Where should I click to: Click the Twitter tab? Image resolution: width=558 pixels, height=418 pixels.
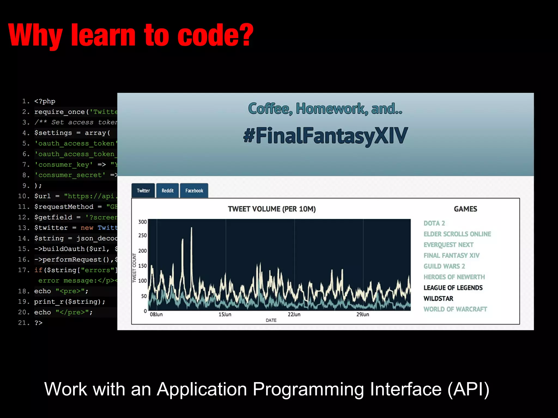143,190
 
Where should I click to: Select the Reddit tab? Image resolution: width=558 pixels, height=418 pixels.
167,190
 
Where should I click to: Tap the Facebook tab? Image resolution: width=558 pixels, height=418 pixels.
194,190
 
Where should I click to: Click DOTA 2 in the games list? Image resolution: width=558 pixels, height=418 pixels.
434,223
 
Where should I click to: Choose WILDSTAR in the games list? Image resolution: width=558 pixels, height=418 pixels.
438,299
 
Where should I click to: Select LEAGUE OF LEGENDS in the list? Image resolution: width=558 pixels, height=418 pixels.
453,288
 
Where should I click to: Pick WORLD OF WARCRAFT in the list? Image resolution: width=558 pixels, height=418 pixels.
455,309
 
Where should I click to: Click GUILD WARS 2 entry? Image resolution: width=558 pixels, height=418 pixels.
444,266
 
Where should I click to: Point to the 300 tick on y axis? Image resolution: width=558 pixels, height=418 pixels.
142,222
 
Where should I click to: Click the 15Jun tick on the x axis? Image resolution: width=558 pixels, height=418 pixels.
225,314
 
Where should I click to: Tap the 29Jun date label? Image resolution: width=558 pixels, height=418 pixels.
363,314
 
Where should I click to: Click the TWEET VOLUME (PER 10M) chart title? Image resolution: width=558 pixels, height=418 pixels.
272,209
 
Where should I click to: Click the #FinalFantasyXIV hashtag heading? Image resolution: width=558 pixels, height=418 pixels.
325,136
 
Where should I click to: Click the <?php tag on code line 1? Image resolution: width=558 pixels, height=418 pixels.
45,101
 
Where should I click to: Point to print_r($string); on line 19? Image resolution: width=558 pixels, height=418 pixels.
69,302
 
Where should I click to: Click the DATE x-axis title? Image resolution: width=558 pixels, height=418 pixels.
271,320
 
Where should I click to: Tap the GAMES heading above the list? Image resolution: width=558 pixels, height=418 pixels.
465,209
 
